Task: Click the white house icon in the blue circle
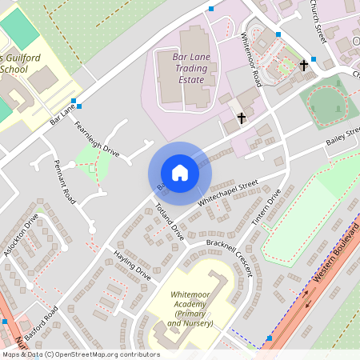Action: pyautogui.click(x=180, y=173)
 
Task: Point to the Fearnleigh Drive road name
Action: pyautogui.click(x=96, y=139)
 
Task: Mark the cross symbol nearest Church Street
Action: pyautogui.click(x=303, y=65)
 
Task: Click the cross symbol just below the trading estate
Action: pyautogui.click(x=240, y=119)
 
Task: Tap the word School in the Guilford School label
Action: pyautogui.click(x=14, y=70)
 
